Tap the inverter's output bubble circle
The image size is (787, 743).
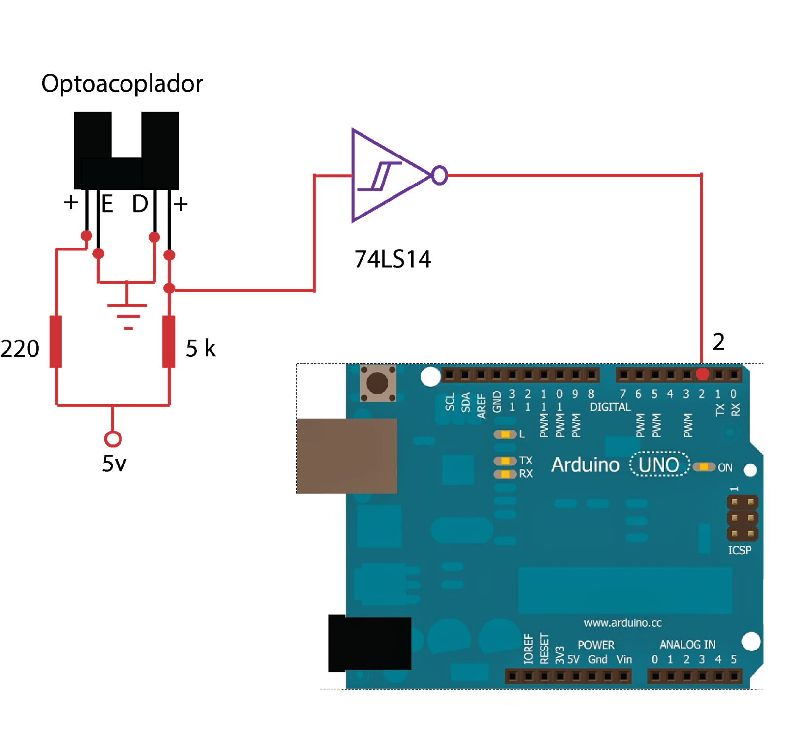click(x=440, y=176)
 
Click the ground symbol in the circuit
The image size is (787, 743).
click(x=127, y=312)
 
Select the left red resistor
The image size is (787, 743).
click(x=56, y=341)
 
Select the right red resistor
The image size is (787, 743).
click(x=169, y=341)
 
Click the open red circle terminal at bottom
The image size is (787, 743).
click(x=113, y=439)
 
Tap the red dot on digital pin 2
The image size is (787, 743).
click(x=702, y=374)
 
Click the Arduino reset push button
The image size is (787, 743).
click(x=377, y=383)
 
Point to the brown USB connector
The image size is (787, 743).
click(x=347, y=456)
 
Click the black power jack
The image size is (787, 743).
click(x=369, y=643)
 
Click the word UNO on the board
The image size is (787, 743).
click(x=659, y=465)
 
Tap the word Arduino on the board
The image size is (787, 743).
click(x=585, y=465)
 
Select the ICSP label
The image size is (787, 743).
click(x=739, y=550)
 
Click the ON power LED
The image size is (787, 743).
click(x=704, y=467)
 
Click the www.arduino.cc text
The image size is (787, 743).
click(x=622, y=623)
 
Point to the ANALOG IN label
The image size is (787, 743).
click(x=687, y=645)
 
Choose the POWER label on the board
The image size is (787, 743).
click(x=596, y=645)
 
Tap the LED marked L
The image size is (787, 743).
click(x=505, y=434)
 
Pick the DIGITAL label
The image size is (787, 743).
click(x=610, y=407)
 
